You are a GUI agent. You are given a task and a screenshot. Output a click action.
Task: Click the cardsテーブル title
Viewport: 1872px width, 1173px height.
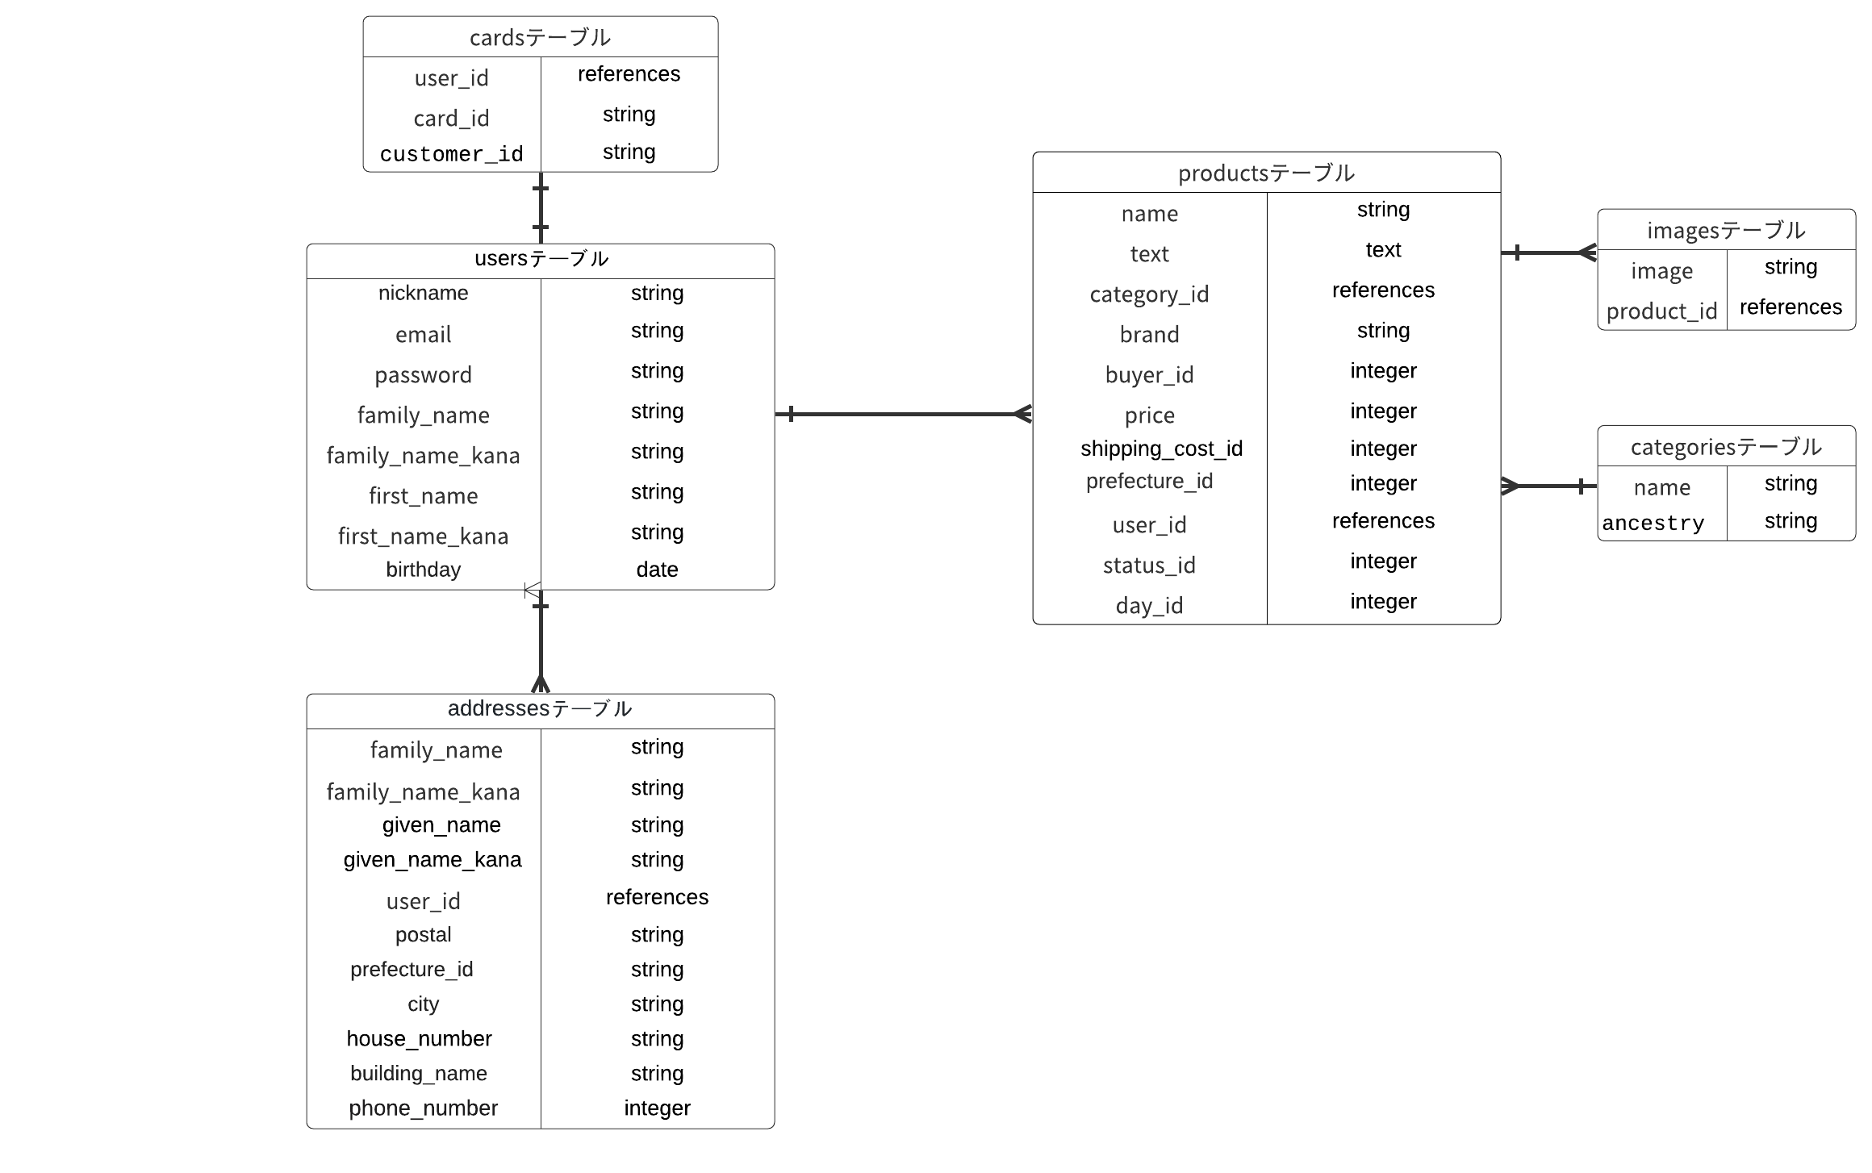pos(540,37)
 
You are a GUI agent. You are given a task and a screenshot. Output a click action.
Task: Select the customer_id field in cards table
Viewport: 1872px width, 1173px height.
pos(451,153)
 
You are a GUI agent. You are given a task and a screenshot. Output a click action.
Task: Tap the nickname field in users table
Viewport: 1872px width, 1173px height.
pos(423,293)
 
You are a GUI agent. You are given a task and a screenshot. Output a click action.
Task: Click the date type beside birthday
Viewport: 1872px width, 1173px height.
pos(657,570)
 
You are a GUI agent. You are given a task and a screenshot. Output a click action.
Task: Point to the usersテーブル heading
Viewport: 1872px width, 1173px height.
pos(541,258)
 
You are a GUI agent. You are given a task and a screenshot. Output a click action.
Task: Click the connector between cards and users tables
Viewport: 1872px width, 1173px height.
pos(541,208)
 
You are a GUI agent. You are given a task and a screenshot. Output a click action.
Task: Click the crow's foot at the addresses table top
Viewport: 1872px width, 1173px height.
pos(541,684)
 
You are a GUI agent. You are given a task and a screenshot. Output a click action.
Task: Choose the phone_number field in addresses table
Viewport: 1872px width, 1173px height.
pos(423,1108)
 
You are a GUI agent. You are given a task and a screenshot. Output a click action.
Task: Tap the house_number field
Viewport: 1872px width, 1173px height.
pos(419,1038)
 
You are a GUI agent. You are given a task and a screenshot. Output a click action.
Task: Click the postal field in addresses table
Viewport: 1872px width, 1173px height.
pos(423,934)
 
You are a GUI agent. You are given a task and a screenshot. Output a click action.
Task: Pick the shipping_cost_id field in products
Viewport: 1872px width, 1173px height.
pos(1161,449)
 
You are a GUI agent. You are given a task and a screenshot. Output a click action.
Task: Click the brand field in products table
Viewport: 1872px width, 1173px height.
pos(1149,334)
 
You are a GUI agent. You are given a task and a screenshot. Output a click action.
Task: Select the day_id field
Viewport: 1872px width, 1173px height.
pos(1149,605)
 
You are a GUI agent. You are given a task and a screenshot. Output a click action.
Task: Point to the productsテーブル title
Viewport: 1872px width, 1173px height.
pos(1266,173)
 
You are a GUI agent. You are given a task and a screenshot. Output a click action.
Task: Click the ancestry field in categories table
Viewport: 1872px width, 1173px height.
pos(1653,523)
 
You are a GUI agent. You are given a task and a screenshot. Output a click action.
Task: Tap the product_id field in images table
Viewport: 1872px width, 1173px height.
pos(1661,311)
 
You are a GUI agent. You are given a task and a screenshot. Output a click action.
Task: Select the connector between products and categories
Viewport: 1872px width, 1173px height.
pos(1549,486)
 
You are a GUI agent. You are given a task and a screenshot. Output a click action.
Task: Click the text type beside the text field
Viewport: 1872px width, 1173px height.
pos(1383,250)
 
